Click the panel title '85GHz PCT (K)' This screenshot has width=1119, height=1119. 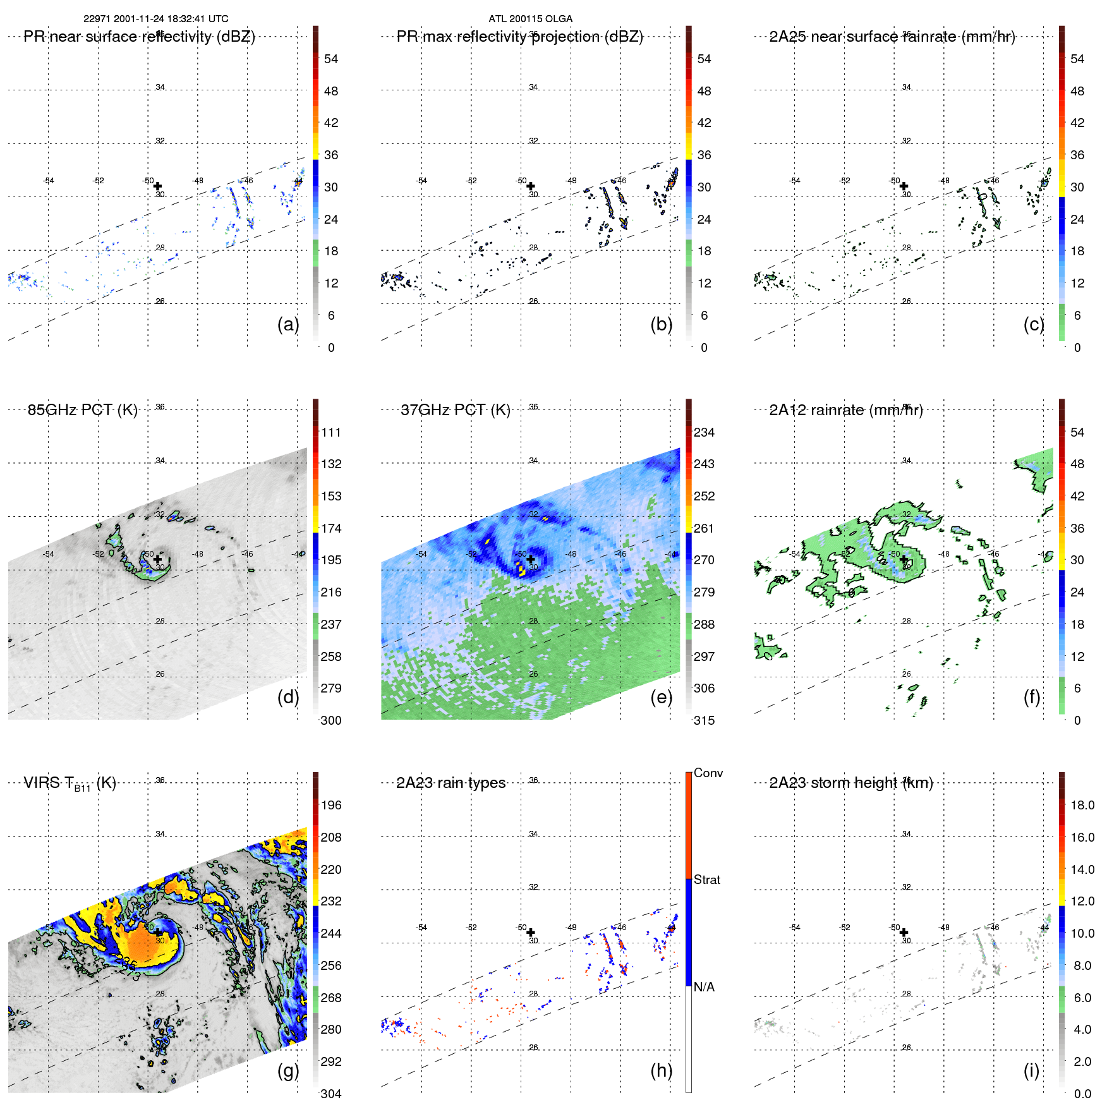(x=82, y=410)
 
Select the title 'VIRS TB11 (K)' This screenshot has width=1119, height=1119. (x=70, y=783)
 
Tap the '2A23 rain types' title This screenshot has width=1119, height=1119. (x=451, y=783)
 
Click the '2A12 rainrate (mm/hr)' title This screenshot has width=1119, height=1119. (x=845, y=410)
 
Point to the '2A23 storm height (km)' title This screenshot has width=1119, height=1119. (x=850, y=783)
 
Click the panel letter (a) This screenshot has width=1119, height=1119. (x=288, y=324)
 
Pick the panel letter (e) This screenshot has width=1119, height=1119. (x=661, y=697)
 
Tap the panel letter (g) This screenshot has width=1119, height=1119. (x=288, y=1070)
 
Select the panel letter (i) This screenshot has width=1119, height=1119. (x=1031, y=1070)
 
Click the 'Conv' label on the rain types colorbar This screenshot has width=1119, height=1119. (x=708, y=773)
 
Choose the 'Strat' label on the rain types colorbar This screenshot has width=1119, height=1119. (x=706, y=880)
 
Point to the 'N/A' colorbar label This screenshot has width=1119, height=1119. (x=704, y=987)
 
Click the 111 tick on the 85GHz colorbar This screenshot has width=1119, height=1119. (x=331, y=433)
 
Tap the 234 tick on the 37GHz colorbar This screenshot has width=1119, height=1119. (x=704, y=433)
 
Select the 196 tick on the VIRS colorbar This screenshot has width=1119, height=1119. (x=331, y=806)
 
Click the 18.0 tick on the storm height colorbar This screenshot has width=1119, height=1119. (x=1082, y=806)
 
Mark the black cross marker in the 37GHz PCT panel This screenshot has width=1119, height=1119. (x=531, y=559)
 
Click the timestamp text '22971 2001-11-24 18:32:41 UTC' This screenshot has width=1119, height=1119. (x=156, y=19)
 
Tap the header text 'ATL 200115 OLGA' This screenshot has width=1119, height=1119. (x=530, y=19)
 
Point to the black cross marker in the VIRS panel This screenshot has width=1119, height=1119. (x=157, y=932)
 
